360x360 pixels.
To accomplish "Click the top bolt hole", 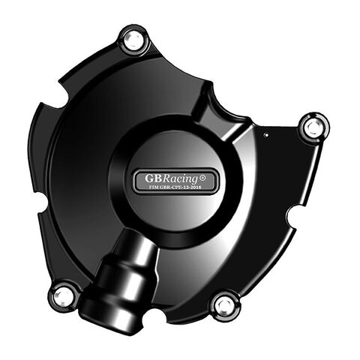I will (133, 39).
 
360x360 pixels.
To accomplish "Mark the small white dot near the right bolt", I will (286, 135).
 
